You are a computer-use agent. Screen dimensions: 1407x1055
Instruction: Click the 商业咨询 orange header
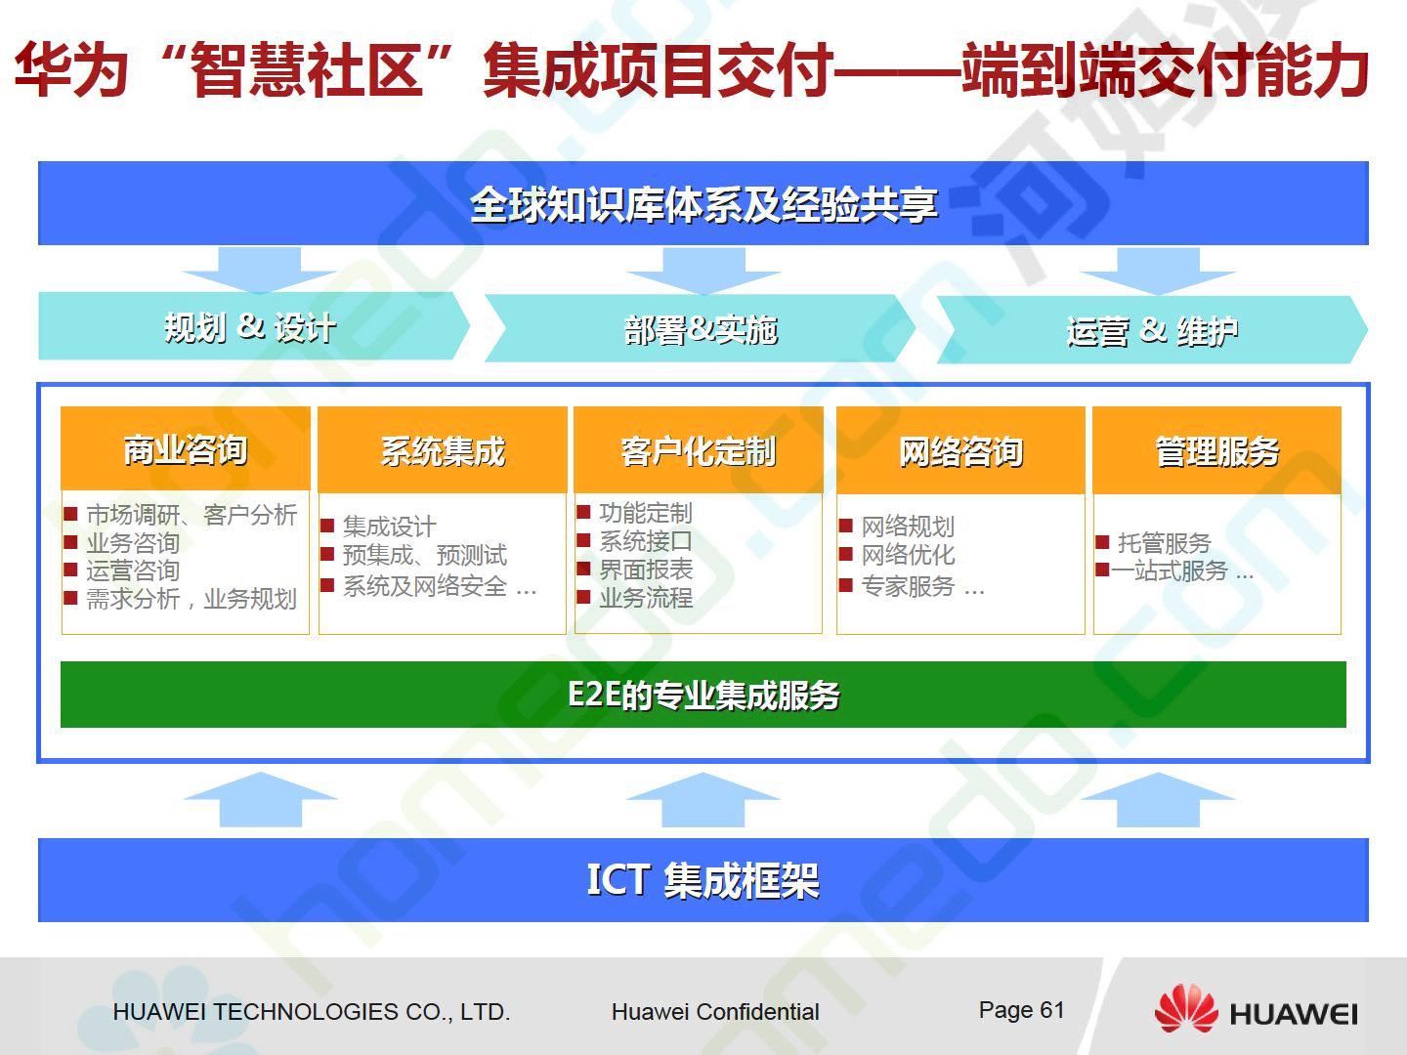tap(186, 448)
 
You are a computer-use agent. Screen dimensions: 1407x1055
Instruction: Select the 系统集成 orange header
tap(443, 449)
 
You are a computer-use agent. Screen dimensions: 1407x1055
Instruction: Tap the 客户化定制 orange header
tap(699, 449)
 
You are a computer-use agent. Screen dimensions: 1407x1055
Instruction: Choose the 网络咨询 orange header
tap(960, 449)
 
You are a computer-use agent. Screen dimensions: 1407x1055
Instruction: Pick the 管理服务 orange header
tap(1216, 449)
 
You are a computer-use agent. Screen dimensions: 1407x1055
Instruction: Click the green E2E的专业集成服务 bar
tap(703, 695)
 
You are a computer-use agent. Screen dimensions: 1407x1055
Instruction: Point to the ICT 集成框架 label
tap(703, 880)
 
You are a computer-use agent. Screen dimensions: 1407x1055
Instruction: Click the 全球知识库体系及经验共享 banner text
tap(703, 205)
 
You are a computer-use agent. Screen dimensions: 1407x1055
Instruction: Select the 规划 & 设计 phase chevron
tap(254, 326)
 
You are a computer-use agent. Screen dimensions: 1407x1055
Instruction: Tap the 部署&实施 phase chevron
tap(700, 328)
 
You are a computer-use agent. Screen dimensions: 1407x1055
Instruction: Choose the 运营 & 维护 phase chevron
tap(1152, 330)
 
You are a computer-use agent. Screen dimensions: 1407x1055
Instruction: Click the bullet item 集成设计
tap(389, 527)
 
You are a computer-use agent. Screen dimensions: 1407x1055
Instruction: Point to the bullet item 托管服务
tap(1164, 543)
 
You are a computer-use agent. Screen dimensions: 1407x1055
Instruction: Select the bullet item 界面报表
tap(646, 570)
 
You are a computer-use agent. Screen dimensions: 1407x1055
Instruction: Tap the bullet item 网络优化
tap(908, 555)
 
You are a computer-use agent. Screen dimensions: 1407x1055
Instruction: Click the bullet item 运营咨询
tap(133, 570)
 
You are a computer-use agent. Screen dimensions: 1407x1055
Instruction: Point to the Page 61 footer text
tap(1021, 1010)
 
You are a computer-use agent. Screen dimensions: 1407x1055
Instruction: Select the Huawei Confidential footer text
tap(715, 1012)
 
